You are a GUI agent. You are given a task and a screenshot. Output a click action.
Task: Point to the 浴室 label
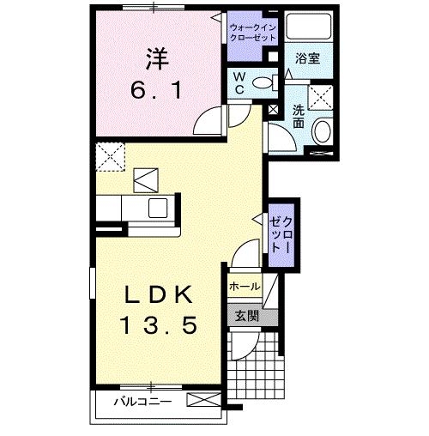[x=307, y=59]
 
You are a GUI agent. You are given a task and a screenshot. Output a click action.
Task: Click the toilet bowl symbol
[x=267, y=83]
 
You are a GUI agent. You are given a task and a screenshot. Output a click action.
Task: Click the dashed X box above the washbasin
[x=321, y=95]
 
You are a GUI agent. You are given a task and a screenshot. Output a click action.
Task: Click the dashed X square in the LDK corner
[x=108, y=157]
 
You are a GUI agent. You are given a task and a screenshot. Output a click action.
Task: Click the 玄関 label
[x=246, y=315]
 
